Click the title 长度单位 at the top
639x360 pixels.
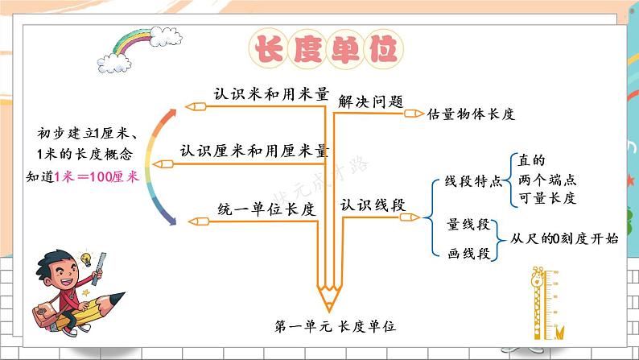[326, 49]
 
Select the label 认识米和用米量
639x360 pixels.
[271, 93]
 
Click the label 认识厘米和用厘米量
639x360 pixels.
[254, 151]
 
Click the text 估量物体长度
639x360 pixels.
[471, 114]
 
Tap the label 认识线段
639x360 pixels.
[372, 205]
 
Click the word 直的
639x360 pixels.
[533, 160]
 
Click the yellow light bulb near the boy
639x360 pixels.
[83, 259]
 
